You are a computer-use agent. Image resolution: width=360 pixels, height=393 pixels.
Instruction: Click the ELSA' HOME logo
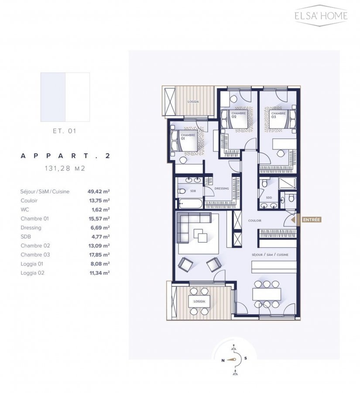(321, 15)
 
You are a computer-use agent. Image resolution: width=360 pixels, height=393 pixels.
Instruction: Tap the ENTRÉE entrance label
(311, 220)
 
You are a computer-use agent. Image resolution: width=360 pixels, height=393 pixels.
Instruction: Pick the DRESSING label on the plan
(222, 189)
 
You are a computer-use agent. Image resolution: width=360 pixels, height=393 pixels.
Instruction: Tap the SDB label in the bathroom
(193, 191)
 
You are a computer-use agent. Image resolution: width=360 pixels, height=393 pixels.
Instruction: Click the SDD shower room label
(269, 197)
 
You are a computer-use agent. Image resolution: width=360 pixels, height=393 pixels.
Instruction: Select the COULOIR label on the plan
(254, 221)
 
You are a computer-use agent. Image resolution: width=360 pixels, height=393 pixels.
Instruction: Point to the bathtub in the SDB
(190, 203)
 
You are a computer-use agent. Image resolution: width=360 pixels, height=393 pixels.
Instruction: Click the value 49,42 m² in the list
(99, 192)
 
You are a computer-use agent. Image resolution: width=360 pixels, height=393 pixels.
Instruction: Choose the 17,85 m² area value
(99, 255)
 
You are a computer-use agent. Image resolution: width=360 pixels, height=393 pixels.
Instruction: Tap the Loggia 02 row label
(32, 273)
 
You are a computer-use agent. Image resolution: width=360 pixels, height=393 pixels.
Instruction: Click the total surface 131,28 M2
(65, 168)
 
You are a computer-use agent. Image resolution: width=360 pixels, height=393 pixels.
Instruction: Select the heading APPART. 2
(65, 155)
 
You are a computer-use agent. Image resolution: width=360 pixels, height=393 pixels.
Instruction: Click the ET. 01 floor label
(65, 131)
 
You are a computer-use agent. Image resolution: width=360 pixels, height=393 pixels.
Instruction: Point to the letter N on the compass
(223, 361)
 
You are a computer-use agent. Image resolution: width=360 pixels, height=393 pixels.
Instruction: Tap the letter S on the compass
(246, 358)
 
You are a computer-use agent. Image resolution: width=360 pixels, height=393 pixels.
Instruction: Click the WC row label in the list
(25, 210)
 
